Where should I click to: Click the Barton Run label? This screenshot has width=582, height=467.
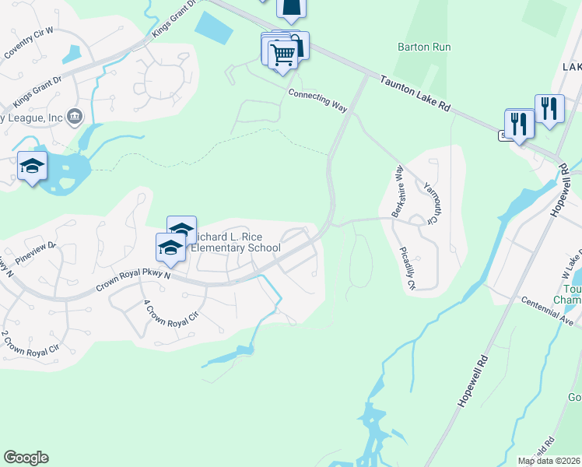point(424,47)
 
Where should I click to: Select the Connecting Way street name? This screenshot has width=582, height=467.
point(317,100)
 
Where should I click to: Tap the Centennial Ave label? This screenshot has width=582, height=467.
point(547,310)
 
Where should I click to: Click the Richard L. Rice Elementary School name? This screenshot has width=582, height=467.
point(235,242)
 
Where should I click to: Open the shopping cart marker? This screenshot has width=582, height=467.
point(282,54)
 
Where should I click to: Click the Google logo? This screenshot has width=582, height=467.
point(26,458)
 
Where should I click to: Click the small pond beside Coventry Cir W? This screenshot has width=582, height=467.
point(75,54)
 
